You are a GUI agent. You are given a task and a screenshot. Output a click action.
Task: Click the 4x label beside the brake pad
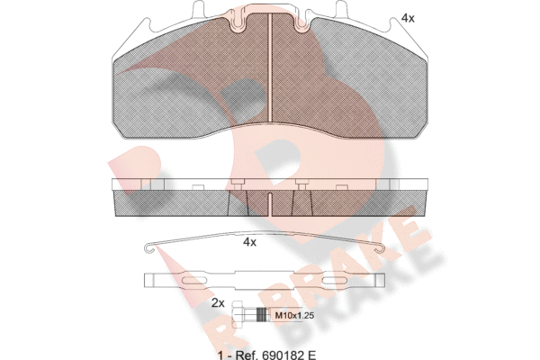pos(408,18)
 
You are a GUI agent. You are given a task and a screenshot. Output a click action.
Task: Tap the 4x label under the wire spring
pos(249,242)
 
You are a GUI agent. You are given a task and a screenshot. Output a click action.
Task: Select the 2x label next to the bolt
pos(218,303)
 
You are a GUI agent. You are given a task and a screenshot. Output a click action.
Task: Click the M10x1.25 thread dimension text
pos(294,315)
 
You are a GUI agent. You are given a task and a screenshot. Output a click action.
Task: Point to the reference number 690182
pos(281,354)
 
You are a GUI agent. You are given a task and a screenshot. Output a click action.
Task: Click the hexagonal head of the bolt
pos(238,312)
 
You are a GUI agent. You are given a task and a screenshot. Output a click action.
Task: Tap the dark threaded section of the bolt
pos(263,313)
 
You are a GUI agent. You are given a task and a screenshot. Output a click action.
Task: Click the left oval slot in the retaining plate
pos(194,280)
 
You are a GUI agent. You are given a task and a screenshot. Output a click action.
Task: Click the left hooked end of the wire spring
pos(148,248)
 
